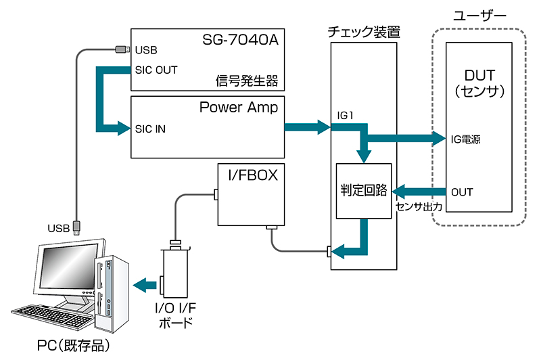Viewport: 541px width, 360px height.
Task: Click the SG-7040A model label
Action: point(240,40)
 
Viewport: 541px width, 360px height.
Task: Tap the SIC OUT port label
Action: point(156,70)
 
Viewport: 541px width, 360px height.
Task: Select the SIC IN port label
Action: point(150,129)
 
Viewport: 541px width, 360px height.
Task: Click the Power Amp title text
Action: point(239,108)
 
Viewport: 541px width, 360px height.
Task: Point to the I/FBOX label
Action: point(253,175)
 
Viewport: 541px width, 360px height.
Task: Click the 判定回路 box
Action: point(364,191)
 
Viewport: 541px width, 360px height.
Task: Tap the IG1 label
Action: point(345,116)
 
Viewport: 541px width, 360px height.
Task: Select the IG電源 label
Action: point(465,139)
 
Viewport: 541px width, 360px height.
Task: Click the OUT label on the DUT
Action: point(462,192)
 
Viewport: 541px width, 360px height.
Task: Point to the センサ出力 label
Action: point(419,207)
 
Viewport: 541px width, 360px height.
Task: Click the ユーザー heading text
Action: point(479,16)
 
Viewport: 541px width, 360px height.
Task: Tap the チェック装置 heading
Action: point(364,32)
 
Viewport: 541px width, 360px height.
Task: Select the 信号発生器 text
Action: point(247,81)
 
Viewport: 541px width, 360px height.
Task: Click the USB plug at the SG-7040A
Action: point(123,49)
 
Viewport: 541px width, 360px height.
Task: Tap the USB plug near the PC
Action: point(76,228)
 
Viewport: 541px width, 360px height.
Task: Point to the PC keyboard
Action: point(52,315)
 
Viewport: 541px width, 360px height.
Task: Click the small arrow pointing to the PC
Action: point(145,286)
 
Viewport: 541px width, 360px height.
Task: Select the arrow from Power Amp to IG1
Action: point(308,127)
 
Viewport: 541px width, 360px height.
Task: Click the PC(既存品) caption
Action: point(74,346)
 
